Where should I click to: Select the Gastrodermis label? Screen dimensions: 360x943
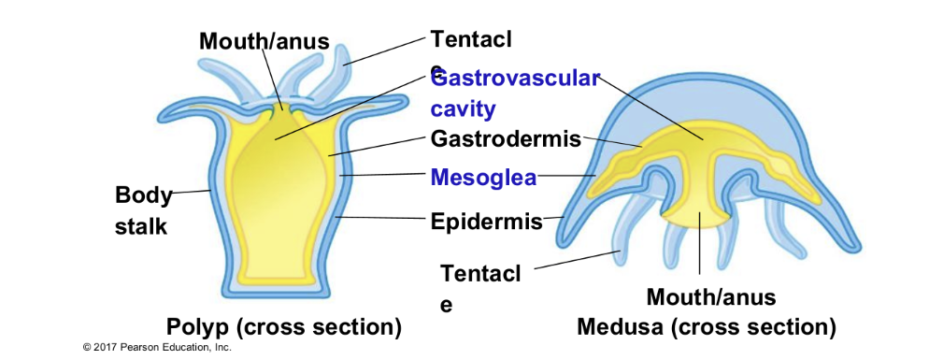(506, 139)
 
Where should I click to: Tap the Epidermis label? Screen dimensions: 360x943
(487, 222)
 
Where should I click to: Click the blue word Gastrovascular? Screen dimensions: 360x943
(515, 78)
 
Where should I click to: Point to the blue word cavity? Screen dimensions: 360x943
(464, 108)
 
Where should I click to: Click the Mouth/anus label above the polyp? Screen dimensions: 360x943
(264, 41)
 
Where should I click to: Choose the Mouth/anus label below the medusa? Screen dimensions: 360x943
(711, 297)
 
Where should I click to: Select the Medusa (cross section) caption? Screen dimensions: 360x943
(707, 327)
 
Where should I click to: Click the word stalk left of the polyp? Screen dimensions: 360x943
(141, 226)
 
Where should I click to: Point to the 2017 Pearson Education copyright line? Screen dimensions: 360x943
(156, 347)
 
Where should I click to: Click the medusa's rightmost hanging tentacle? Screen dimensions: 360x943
(776, 224)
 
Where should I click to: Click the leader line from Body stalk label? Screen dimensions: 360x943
(191, 191)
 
